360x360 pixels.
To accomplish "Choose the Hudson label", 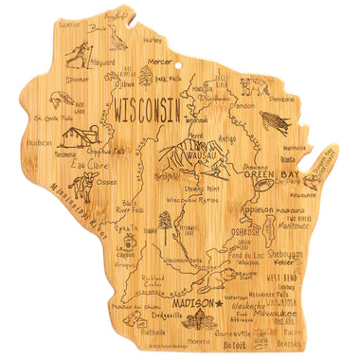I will point(39,142).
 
